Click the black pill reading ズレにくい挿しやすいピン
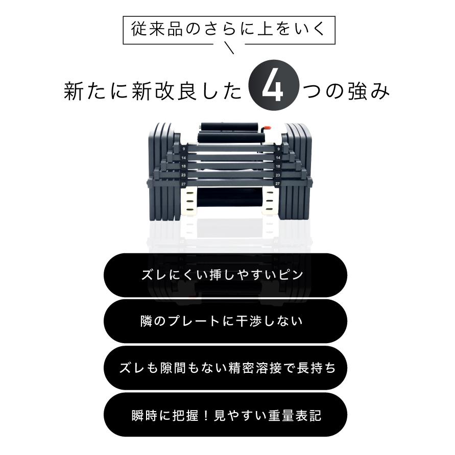[x=225, y=275]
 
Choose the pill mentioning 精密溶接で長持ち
[x=225, y=368]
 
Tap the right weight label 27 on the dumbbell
[x=278, y=183]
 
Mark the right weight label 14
[x=278, y=158]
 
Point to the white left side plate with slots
[x=189, y=202]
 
